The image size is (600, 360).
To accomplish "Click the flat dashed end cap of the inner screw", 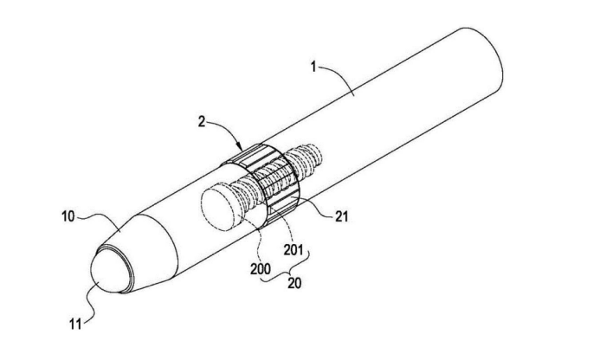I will (x=220, y=209).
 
